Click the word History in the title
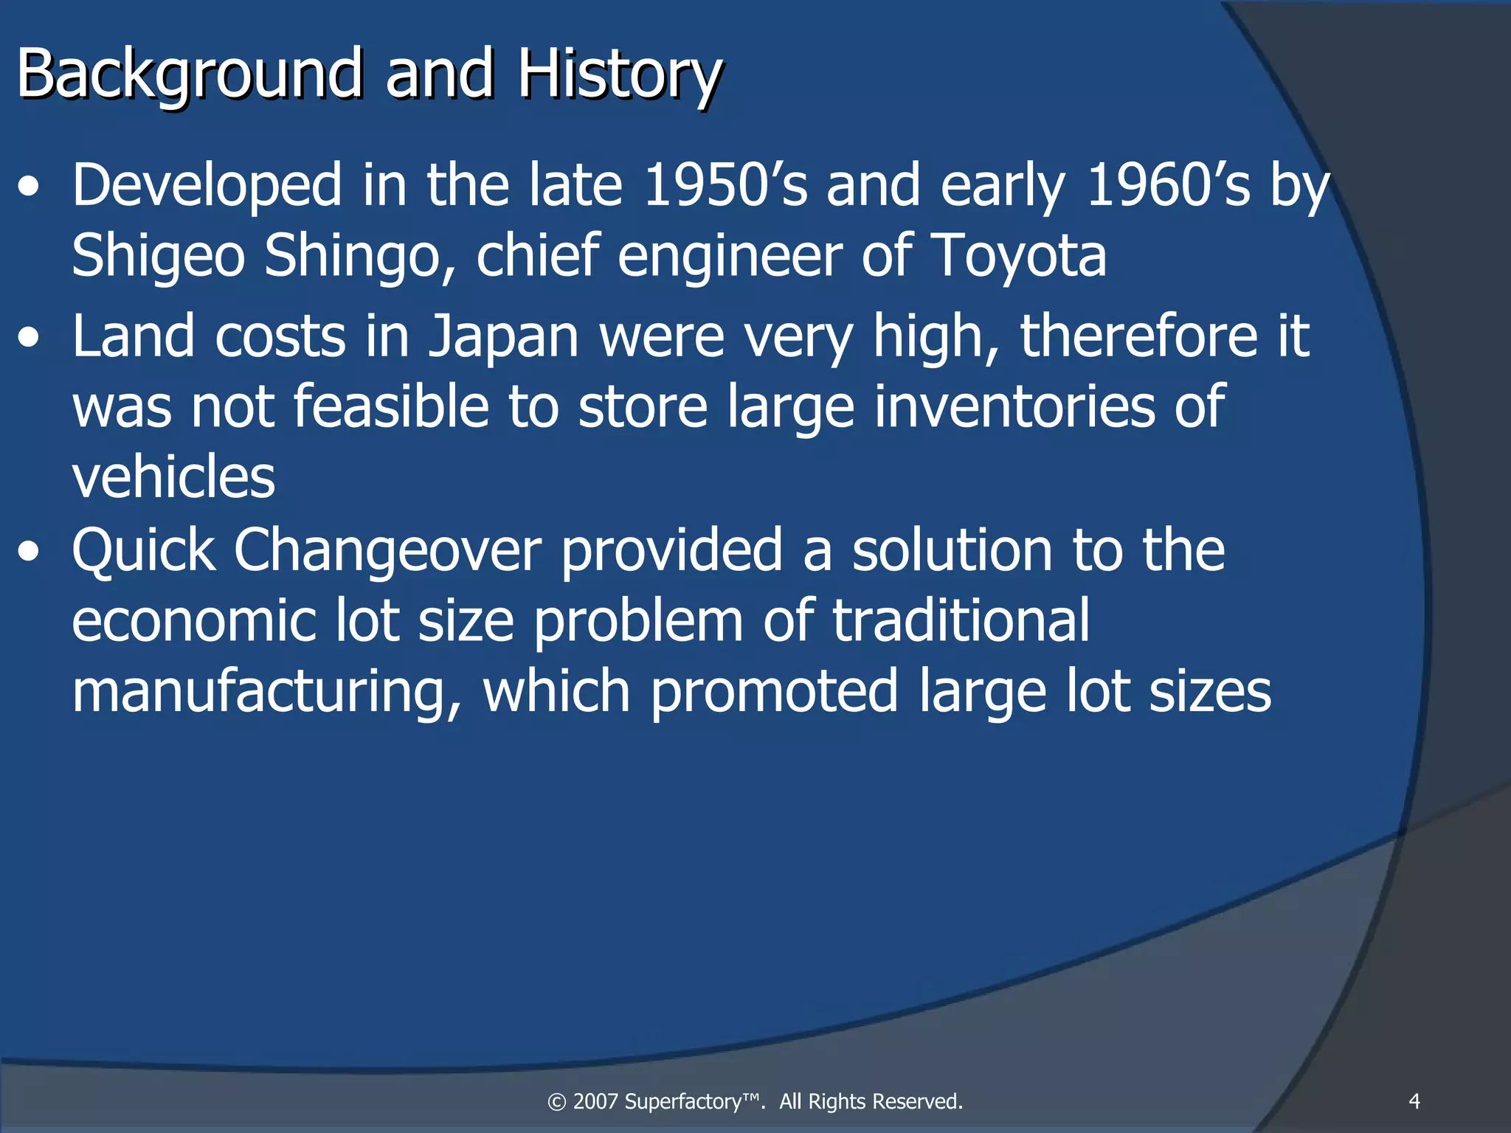tap(618, 74)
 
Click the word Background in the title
tap(189, 74)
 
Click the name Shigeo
tap(158, 255)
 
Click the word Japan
tap(503, 336)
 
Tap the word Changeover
tap(387, 550)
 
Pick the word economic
tap(193, 620)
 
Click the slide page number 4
tap(1414, 1101)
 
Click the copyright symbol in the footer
tap(557, 1102)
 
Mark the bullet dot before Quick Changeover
tap(29, 552)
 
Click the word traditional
tap(961, 620)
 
